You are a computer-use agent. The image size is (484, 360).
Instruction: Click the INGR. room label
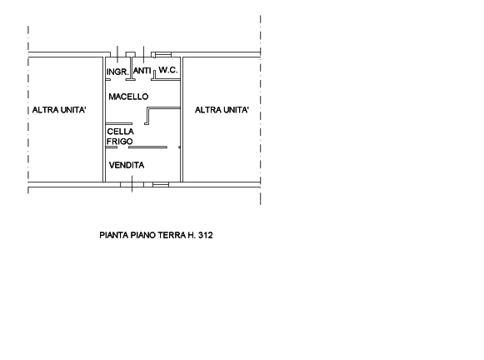[x=117, y=72]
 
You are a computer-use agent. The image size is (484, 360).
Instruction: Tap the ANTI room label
[x=142, y=71]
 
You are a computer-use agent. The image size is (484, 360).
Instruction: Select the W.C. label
[x=168, y=70]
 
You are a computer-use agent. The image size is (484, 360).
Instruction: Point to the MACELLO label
[x=128, y=97]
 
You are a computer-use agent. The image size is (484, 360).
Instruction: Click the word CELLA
[x=121, y=132]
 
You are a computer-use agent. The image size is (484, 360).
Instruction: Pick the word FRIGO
[x=120, y=142]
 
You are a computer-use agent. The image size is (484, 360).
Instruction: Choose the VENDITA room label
[x=127, y=165]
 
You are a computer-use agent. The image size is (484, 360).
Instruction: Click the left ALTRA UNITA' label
[x=59, y=110]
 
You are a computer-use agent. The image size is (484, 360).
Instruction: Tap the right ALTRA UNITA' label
[x=222, y=110]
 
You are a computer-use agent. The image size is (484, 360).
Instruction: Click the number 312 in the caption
[x=206, y=235]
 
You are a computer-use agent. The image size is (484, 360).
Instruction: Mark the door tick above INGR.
[x=117, y=54]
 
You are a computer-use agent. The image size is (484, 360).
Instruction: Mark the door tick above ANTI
[x=143, y=54]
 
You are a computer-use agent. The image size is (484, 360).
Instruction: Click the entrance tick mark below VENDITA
[x=132, y=183]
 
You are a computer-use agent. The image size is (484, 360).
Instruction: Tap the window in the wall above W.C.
[x=163, y=55]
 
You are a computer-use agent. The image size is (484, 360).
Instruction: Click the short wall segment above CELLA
[x=119, y=124]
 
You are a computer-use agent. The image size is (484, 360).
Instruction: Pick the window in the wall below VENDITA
[x=161, y=185]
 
